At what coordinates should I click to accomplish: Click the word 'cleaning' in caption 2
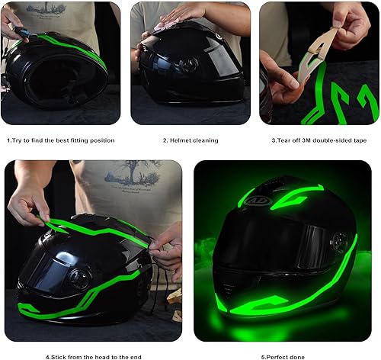coord(205,140)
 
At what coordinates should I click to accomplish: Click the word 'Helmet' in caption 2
coord(181,140)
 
